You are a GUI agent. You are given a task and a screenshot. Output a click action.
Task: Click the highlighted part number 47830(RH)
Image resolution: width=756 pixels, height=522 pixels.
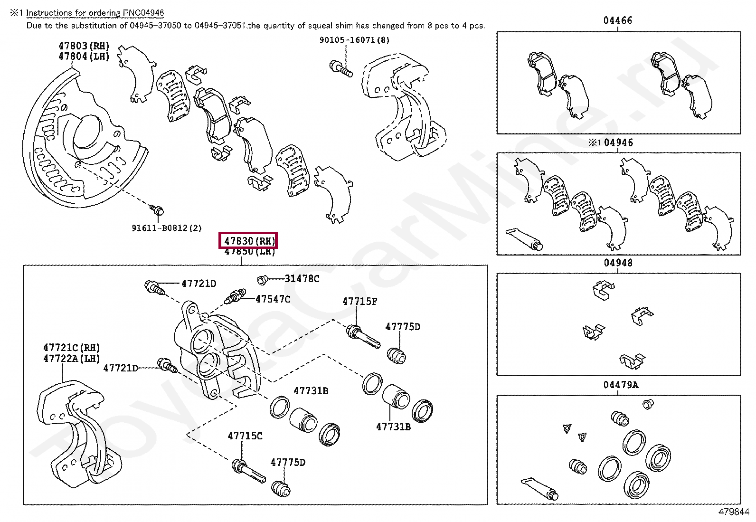click(x=247, y=241)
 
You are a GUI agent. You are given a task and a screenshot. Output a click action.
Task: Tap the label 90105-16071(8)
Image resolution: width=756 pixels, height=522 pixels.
click(x=354, y=40)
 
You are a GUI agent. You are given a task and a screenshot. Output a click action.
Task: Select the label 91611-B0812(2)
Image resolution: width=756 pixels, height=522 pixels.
click(x=167, y=228)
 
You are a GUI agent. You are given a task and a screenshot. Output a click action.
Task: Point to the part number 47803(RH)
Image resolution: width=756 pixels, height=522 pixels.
click(x=84, y=46)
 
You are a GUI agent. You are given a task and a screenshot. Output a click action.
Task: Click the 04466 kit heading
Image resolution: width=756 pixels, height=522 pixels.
click(x=618, y=20)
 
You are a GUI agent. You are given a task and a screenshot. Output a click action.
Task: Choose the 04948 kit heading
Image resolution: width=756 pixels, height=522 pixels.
click(x=618, y=263)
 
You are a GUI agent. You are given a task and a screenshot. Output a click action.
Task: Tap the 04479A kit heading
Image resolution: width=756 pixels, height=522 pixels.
click(x=621, y=384)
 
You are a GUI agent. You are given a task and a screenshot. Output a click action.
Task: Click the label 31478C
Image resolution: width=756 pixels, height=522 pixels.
click(x=302, y=279)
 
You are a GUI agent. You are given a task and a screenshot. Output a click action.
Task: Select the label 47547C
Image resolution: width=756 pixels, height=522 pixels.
click(x=273, y=299)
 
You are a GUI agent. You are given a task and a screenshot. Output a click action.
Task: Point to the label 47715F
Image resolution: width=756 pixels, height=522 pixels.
click(x=360, y=301)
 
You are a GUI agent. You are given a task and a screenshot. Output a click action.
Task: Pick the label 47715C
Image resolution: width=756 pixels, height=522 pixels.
click(x=245, y=436)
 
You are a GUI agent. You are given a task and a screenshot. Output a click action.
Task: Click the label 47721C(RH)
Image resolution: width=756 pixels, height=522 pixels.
click(x=72, y=348)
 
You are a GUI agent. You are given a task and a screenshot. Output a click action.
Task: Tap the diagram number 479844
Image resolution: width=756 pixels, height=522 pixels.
click(x=734, y=512)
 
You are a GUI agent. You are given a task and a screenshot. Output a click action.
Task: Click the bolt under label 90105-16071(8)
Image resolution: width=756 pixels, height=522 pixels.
click(x=340, y=68)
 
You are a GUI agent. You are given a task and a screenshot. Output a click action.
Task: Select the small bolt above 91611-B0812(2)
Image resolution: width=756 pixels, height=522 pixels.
click(x=156, y=209)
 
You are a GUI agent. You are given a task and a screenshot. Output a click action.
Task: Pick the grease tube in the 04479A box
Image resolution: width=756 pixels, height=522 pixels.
click(x=538, y=489)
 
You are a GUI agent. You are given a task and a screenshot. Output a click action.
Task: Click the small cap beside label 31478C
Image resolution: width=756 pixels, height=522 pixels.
click(x=262, y=280)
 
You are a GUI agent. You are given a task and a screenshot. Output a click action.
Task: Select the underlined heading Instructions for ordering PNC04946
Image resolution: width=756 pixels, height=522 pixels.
click(x=95, y=13)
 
